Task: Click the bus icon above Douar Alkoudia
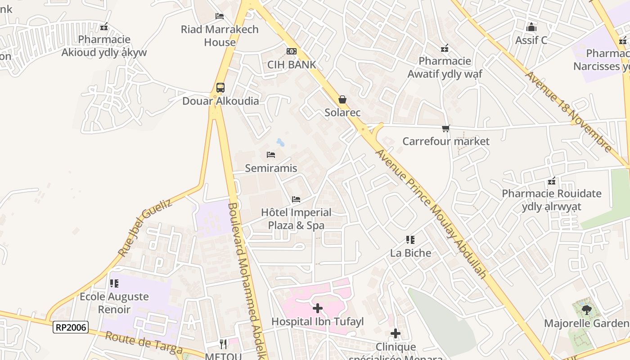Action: pos(220,88)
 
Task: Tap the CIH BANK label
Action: pos(292,64)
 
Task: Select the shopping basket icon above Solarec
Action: pos(342,99)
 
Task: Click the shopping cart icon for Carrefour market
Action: pos(445,129)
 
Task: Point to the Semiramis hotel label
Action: pos(271,168)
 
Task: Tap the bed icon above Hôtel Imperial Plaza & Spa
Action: pos(296,199)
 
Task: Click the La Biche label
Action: pos(410,253)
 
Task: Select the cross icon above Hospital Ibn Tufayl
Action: pos(318,308)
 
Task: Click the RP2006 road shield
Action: pos(71,327)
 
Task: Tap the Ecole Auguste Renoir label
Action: pos(114,303)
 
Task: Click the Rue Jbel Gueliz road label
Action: pos(145,229)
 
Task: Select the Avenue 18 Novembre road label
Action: pos(568,111)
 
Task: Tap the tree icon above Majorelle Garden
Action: pos(586,310)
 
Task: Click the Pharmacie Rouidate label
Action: pos(551,200)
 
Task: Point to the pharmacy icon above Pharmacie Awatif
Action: pos(445,48)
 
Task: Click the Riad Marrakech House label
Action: pos(220,36)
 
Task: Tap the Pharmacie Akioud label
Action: pos(104,46)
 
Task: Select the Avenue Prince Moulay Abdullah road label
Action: pos(431,213)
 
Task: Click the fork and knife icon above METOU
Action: pos(223,344)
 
